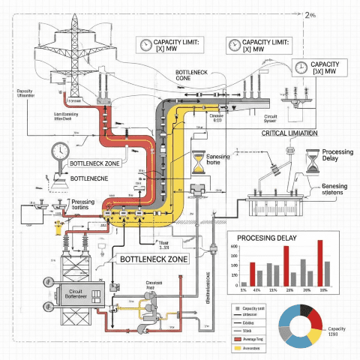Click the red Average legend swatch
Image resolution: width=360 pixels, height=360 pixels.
pos(235,339)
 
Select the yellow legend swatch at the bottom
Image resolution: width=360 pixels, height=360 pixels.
pos(235,349)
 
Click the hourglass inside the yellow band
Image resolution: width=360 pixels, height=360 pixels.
pos(198,162)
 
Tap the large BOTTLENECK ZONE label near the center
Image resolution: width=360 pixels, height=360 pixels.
pos(153,259)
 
